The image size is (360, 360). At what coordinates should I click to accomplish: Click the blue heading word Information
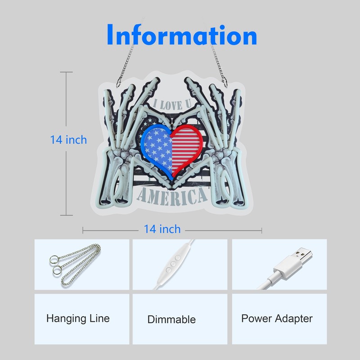[x=182, y=35]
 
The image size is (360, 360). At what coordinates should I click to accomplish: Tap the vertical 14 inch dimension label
[x=68, y=139]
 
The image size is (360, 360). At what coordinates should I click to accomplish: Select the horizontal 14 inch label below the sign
[x=162, y=229]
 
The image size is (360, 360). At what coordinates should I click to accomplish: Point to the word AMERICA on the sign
[x=172, y=196]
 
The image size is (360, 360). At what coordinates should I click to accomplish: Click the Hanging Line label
[x=78, y=319]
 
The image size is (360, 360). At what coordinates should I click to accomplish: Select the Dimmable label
[x=171, y=319]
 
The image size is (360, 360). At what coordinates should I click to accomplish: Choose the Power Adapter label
[x=277, y=319]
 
